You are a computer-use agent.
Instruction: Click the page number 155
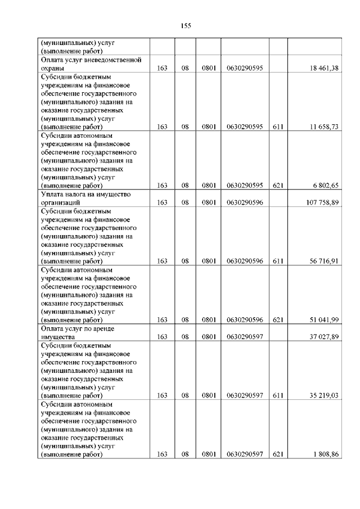pos(187,25)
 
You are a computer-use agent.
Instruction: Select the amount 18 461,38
pos(323,68)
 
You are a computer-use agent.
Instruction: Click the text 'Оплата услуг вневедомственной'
pos(90,60)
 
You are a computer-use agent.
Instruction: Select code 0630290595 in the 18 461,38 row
pos(245,68)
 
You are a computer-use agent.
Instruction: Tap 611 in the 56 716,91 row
pos(277,261)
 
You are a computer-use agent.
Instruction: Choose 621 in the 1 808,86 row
pos(277,454)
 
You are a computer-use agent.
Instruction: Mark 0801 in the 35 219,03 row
pos(209,395)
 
